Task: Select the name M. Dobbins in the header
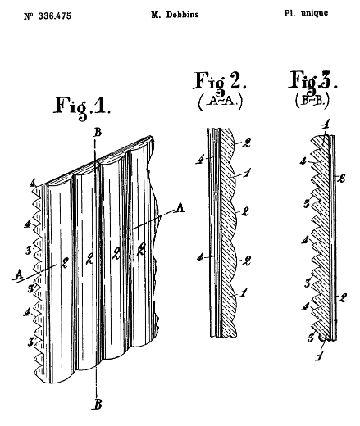coord(175,15)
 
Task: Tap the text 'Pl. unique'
coord(306,13)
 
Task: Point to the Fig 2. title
coord(221,81)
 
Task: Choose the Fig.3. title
coord(312,81)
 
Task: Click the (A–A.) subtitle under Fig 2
coord(220,102)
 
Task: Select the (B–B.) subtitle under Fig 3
coord(312,100)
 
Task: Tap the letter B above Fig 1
coord(98,132)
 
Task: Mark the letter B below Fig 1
coord(98,404)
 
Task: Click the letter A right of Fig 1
coord(180,208)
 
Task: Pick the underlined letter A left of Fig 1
coord(19,274)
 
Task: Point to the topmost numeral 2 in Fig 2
coord(246,143)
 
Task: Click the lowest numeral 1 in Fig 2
coord(244,293)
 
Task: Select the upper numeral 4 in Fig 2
coord(200,159)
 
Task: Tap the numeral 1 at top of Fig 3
coord(326,126)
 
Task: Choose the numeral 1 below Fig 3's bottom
coord(319,356)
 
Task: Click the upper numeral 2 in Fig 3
coord(342,179)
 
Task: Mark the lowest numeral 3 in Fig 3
coord(312,338)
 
